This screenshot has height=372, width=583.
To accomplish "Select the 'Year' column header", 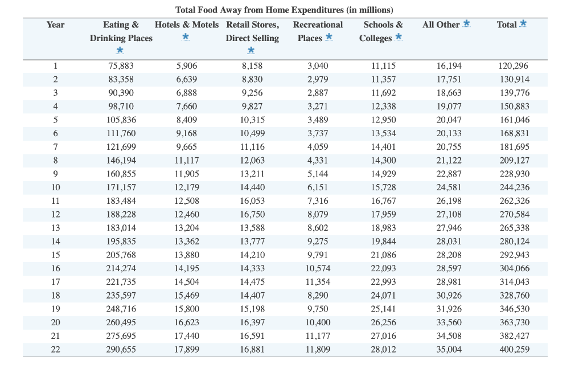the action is coord(55,24).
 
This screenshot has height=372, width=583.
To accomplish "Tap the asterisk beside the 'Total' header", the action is coord(523,23).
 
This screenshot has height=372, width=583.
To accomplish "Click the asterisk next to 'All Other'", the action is coord(466,23).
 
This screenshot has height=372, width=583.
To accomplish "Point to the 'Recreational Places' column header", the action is coord(318,31).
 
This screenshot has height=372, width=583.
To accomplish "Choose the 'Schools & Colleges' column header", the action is coord(383,31).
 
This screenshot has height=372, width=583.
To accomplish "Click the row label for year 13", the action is coord(55,228).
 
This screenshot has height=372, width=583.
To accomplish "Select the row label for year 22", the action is coord(55,349).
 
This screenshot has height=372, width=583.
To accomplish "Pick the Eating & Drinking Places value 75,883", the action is coord(121,66).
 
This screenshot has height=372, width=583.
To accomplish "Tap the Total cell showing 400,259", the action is coord(514,349).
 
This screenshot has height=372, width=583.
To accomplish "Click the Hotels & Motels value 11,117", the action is coord(187,160).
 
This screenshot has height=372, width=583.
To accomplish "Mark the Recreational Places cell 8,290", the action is coord(318,295).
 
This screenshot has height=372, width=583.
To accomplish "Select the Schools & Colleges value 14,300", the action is coord(383,160).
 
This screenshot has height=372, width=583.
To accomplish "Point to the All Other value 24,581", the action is coord(449,187).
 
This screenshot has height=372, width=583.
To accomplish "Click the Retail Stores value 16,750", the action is coord(252,214).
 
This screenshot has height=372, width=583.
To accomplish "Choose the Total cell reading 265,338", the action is coord(514,228).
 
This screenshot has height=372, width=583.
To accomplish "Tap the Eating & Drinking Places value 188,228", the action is coord(121,214).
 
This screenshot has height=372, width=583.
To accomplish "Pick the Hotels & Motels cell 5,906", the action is coord(187,66).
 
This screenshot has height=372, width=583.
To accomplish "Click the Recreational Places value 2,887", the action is coord(318,93).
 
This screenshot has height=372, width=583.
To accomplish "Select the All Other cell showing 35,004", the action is coord(449,349).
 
